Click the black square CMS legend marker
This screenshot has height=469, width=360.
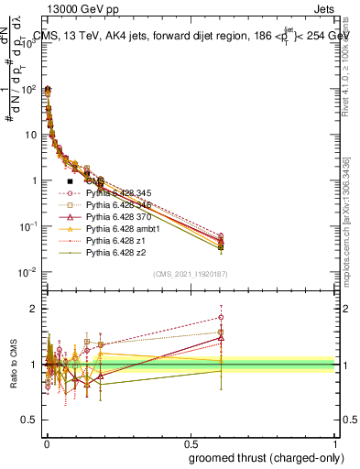tap(71, 182)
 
